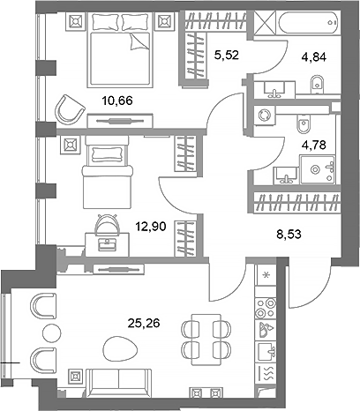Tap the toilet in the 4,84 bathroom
[x=317, y=86]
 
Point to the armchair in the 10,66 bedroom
[x=67, y=109]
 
